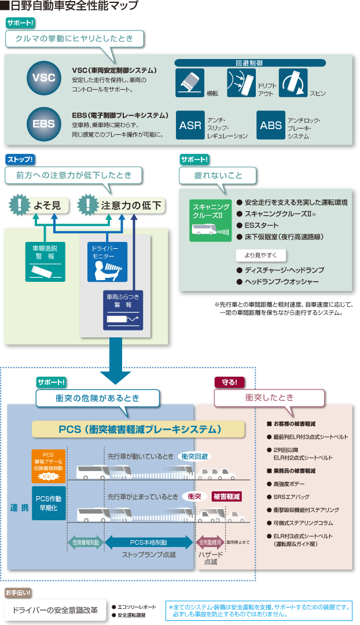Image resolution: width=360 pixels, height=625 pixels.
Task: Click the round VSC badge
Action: (x=43, y=79)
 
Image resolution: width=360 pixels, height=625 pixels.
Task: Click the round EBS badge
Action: (x=43, y=123)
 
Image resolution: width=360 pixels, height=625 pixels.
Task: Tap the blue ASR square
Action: (x=190, y=125)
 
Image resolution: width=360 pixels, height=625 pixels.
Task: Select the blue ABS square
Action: (x=271, y=125)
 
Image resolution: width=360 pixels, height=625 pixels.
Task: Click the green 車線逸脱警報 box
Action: (x=45, y=261)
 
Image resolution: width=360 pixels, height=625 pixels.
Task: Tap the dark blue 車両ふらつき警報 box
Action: (x=123, y=310)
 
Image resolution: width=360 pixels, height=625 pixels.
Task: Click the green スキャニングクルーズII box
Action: (x=207, y=220)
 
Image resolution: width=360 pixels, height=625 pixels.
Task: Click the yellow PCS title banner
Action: (x=138, y=429)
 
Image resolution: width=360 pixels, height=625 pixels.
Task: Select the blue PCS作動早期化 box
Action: (x=48, y=502)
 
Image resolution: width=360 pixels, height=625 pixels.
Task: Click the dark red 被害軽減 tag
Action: (x=226, y=496)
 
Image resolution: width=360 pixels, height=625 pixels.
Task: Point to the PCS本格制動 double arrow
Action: (x=149, y=542)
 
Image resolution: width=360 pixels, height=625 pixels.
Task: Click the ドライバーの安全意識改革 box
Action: (x=55, y=611)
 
